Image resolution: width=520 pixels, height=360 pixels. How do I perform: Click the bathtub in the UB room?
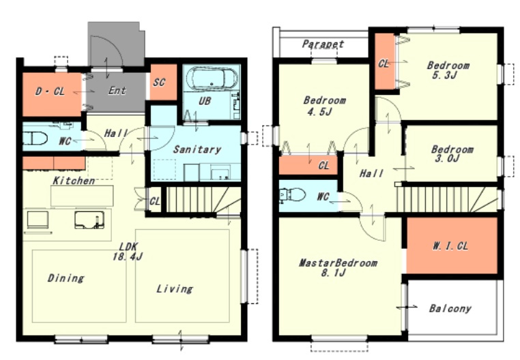(x=212, y=78)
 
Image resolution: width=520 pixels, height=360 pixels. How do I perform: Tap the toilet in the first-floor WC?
(x=35, y=138)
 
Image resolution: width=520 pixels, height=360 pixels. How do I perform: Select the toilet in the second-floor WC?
(x=292, y=195)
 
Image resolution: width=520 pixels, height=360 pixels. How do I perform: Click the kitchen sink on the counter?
(x=89, y=220)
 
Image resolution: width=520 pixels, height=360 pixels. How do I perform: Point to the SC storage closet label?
(x=159, y=82)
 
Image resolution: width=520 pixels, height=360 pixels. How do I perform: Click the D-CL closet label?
(x=50, y=91)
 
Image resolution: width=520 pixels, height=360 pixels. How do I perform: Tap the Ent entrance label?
(x=117, y=90)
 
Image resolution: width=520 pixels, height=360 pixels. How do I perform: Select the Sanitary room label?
(x=197, y=149)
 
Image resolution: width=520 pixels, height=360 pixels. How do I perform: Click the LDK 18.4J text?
(x=128, y=252)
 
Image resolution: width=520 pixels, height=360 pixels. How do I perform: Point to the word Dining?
(x=66, y=277)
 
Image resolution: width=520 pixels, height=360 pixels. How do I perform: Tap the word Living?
(x=175, y=288)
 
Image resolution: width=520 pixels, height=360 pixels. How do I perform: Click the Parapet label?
(x=323, y=44)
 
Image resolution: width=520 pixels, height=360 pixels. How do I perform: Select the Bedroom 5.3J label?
(x=448, y=70)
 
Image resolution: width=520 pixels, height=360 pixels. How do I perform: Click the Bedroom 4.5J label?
(x=324, y=106)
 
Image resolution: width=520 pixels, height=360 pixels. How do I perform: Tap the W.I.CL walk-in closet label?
(x=450, y=246)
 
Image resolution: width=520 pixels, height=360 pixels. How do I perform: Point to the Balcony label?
(x=450, y=309)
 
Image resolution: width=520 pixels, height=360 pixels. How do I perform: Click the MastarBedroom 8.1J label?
(x=338, y=267)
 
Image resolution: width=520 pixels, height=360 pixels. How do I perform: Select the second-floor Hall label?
(x=371, y=173)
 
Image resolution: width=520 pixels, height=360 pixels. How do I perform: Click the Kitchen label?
(x=74, y=181)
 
